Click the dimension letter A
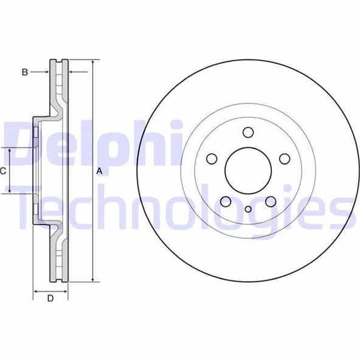[x=99, y=171]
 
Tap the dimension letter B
[x=25, y=72]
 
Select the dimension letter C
[x=4, y=171]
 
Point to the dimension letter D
[x=50, y=298]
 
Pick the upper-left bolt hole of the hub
[x=212, y=159]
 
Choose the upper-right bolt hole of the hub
[x=285, y=159]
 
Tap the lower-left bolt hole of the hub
[x=226, y=201]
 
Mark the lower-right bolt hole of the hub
[x=271, y=201]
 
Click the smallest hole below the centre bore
[x=248, y=210]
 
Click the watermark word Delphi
[x=91, y=143]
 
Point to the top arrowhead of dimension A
[x=92, y=63]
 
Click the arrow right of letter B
[x=44, y=72]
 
